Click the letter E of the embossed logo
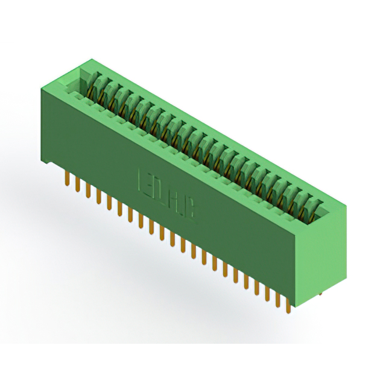pyautogui.click(x=145, y=179)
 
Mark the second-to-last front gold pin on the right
pyautogui.click(x=277, y=298)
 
